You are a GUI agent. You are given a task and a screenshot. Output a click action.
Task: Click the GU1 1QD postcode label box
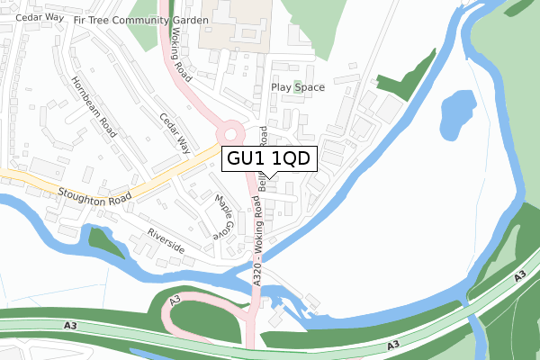[267, 158]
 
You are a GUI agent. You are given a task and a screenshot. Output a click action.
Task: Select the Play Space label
[297, 88]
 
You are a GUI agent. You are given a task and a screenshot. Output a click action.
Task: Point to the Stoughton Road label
[94, 194]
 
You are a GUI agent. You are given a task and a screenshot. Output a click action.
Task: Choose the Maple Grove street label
[221, 216]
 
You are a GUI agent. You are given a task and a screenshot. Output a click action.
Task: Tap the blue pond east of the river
[457, 112]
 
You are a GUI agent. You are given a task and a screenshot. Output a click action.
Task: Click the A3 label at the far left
[71, 325]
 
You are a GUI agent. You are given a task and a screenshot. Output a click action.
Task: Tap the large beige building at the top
[229, 23]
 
